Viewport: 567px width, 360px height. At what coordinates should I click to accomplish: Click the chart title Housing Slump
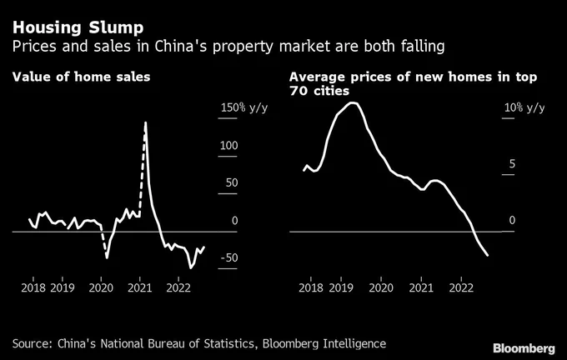pyautogui.click(x=78, y=28)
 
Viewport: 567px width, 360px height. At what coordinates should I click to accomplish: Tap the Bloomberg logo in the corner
pyautogui.click(x=524, y=348)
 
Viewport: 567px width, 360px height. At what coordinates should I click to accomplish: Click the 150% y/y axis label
pyautogui.click(x=244, y=107)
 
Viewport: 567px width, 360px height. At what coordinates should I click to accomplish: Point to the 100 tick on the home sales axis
pyautogui.click(x=229, y=145)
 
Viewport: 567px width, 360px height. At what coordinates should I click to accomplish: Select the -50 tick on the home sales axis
pyautogui.click(x=229, y=257)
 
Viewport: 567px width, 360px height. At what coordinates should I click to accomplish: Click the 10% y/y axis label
pyautogui.click(x=524, y=107)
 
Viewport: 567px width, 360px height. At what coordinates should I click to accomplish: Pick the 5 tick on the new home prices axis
pyautogui.click(x=512, y=163)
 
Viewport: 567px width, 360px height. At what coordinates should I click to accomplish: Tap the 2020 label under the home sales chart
pyautogui.click(x=101, y=287)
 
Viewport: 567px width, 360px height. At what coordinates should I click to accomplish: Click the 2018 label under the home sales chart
pyautogui.click(x=33, y=287)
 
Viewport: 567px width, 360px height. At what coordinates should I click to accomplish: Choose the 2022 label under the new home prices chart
pyautogui.click(x=461, y=287)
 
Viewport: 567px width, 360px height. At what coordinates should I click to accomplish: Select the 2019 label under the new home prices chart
pyautogui.click(x=341, y=287)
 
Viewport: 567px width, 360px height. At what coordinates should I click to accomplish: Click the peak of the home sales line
pyautogui.click(x=145, y=122)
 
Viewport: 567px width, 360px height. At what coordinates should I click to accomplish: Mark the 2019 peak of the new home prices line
pyautogui.click(x=352, y=103)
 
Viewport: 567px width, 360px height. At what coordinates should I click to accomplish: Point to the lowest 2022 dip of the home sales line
pyautogui.click(x=191, y=268)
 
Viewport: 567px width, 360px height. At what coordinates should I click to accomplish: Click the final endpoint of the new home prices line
pyautogui.click(x=488, y=256)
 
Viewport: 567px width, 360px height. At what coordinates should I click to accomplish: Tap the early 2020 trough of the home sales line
pyautogui.click(x=107, y=257)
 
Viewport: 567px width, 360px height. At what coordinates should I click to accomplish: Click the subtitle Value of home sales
pyautogui.click(x=82, y=77)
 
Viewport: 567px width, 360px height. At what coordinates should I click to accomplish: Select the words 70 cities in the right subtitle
pyautogui.click(x=319, y=90)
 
